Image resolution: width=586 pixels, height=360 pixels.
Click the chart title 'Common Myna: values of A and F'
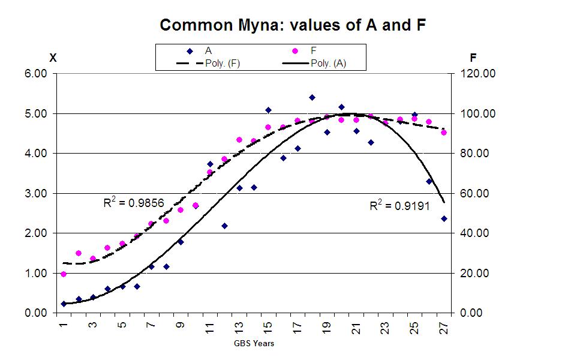(293, 25)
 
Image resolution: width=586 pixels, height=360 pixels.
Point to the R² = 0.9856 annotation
(133, 203)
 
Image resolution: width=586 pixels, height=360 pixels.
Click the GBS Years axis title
(254, 344)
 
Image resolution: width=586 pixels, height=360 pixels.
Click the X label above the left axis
(53, 58)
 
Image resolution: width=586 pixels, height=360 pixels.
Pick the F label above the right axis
(473, 58)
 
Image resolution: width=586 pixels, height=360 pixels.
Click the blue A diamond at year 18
(312, 97)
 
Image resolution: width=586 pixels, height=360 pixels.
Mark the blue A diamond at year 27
(444, 219)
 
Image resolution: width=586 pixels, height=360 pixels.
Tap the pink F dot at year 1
(64, 274)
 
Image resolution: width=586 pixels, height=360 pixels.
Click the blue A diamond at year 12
(224, 226)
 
